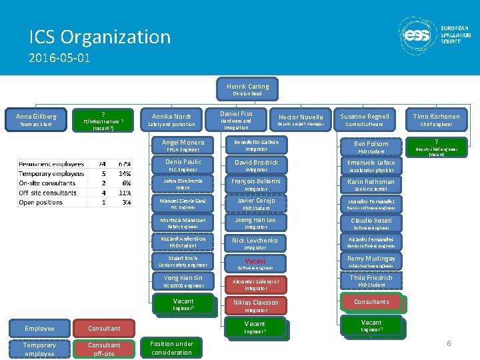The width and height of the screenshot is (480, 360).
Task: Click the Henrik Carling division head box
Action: click(x=247, y=89)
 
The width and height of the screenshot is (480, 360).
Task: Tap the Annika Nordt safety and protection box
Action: click(x=171, y=119)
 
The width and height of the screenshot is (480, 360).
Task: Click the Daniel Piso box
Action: click(x=236, y=119)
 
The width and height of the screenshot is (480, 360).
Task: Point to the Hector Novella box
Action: click(x=300, y=119)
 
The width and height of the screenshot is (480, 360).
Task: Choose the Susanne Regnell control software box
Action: click(x=364, y=119)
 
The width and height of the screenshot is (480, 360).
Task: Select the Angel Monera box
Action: click(x=183, y=145)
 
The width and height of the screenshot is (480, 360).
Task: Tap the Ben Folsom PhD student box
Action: click(x=371, y=146)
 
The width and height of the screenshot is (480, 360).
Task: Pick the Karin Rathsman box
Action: click(x=371, y=184)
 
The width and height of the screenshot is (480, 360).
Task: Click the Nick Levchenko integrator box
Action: click(x=255, y=243)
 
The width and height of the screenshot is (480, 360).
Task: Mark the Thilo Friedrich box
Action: click(x=371, y=281)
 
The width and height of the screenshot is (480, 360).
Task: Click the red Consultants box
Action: click(x=371, y=302)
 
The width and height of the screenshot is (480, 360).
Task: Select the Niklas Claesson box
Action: click(x=255, y=305)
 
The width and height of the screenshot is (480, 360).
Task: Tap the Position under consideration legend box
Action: click(x=172, y=347)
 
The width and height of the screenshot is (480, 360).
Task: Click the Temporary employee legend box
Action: click(x=39, y=349)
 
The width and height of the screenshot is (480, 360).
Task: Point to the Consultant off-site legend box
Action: click(x=105, y=349)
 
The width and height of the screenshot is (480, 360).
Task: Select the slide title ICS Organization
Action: click(x=100, y=37)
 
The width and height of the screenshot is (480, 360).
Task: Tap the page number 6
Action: click(x=449, y=343)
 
